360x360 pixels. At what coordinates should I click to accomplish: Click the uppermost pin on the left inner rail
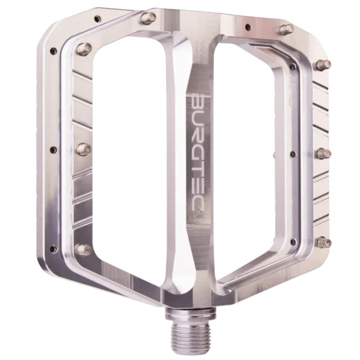[84, 47]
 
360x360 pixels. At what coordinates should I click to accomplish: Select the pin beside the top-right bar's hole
[285, 28]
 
